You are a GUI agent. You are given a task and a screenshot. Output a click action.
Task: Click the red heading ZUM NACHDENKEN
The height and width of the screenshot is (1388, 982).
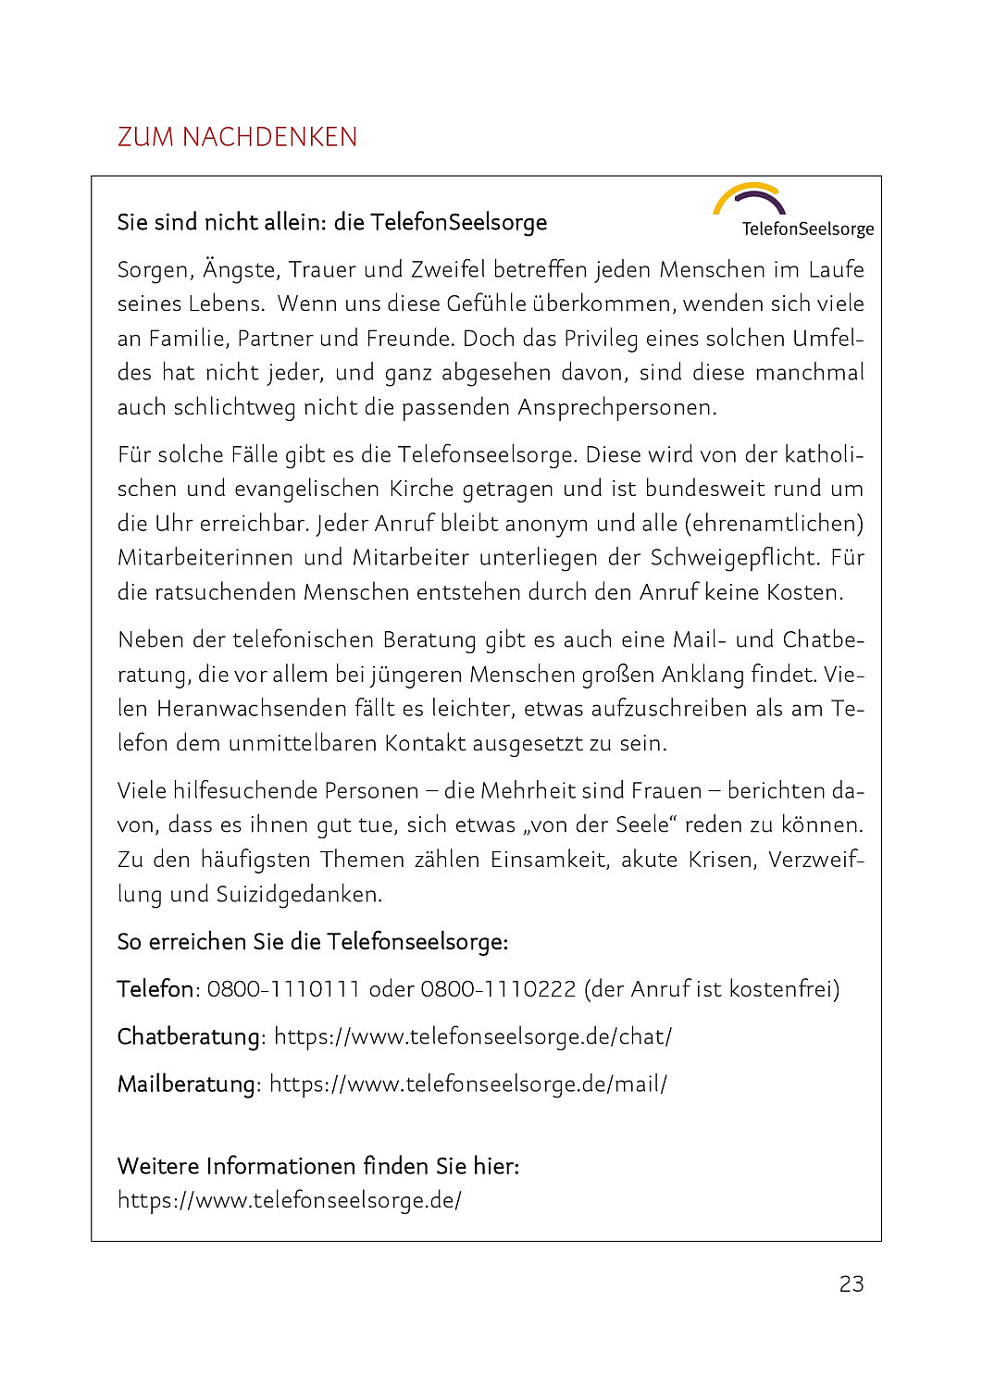pos(237,137)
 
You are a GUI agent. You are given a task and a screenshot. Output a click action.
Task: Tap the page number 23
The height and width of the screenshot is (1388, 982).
pos(851,1283)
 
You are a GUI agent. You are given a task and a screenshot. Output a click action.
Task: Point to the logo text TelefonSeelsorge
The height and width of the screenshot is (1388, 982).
pos(807,229)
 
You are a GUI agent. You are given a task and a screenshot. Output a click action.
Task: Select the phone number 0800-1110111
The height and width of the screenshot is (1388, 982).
pos(283,989)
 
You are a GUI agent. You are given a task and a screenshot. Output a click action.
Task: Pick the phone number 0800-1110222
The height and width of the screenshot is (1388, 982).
pos(498,989)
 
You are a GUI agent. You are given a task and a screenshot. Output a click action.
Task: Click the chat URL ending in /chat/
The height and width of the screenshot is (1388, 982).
pos(473,1036)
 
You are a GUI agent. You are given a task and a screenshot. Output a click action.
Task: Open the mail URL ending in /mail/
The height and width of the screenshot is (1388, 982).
pos(468,1084)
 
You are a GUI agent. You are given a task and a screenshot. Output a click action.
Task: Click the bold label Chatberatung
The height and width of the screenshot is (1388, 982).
pos(189,1036)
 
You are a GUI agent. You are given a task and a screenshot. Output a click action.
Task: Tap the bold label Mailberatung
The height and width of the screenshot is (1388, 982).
pos(186,1084)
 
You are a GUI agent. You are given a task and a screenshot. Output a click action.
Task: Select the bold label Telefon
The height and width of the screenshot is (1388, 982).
pos(155,989)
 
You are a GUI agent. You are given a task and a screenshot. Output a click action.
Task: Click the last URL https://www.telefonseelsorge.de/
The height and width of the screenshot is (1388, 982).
pos(290,1200)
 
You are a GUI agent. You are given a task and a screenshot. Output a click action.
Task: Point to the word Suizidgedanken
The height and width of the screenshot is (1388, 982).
pos(298,894)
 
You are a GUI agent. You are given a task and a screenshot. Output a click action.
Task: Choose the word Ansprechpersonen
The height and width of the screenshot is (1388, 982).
pos(616,407)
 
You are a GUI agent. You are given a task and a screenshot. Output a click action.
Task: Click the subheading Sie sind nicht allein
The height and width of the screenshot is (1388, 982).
pos(332,222)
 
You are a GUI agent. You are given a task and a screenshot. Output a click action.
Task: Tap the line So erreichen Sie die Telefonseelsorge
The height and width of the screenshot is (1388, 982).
pos(313,942)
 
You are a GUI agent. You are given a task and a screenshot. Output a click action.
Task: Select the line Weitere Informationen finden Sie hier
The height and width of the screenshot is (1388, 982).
pos(318,1166)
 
